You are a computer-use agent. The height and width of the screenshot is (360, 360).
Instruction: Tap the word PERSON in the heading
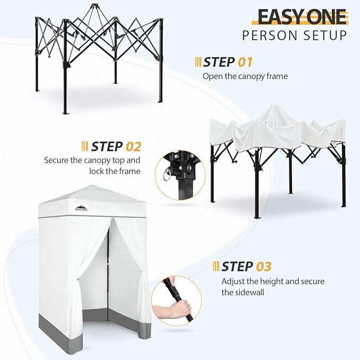click(x=270, y=36)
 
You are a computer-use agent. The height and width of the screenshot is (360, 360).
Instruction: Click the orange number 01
click(x=244, y=62)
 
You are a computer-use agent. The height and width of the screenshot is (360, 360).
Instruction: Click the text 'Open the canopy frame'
click(x=245, y=76)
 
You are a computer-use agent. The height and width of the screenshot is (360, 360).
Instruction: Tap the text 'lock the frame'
click(x=119, y=171)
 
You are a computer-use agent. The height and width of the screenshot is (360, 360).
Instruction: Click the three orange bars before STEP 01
click(x=198, y=62)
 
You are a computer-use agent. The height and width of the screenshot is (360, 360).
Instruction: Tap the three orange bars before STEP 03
click(x=216, y=266)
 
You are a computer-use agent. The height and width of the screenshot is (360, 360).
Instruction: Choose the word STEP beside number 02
click(x=107, y=146)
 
